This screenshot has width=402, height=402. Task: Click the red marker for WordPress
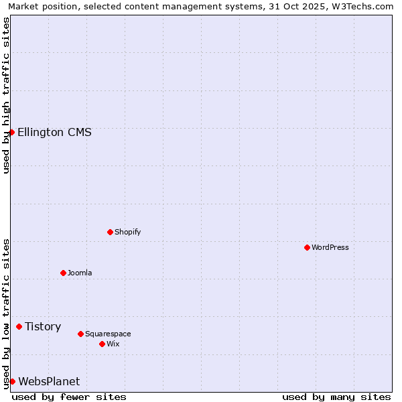(x=307, y=247)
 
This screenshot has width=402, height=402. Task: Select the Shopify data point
(x=110, y=232)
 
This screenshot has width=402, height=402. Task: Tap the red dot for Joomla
(x=63, y=273)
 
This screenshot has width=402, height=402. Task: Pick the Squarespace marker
(x=80, y=334)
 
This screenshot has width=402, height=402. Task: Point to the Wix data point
(x=102, y=344)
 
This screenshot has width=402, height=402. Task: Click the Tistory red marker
(x=19, y=326)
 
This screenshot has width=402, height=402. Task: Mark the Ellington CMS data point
(x=11, y=132)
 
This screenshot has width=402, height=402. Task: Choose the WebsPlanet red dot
(x=12, y=381)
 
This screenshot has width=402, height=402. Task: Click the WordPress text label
(x=330, y=247)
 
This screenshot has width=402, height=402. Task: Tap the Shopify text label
(x=128, y=232)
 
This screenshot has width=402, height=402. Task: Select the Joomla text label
(x=80, y=273)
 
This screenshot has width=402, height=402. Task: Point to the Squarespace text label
(x=108, y=334)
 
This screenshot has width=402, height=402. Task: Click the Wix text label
(x=113, y=344)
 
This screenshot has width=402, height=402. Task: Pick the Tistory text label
(x=43, y=326)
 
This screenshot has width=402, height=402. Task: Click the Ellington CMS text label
(x=54, y=132)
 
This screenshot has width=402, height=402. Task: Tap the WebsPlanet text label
(x=49, y=381)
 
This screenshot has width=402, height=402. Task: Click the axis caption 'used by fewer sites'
(x=69, y=397)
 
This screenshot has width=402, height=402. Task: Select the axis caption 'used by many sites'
(x=336, y=397)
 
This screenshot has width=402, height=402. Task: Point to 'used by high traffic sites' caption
(x=6, y=95)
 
